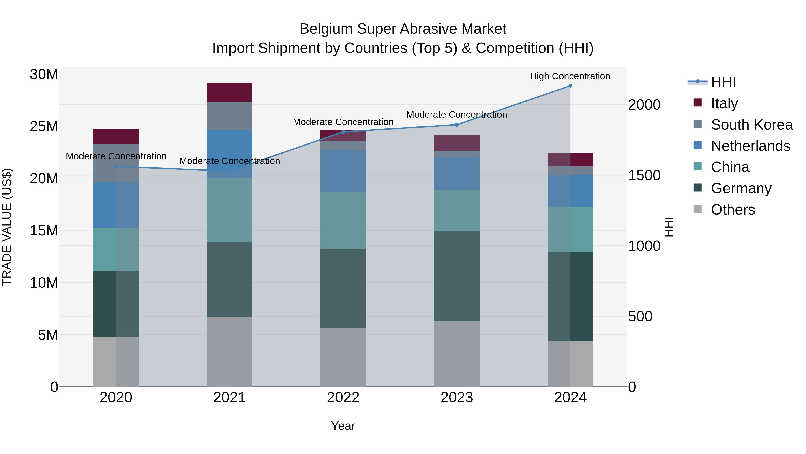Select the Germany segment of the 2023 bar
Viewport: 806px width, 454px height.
pos(457,276)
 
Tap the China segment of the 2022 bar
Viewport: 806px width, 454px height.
pos(343,220)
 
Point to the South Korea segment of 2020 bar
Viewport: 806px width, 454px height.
pos(116,163)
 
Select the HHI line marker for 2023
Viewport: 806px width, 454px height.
pos(457,125)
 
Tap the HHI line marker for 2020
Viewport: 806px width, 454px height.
pos(116,166)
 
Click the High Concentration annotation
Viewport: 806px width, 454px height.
pos(570,76)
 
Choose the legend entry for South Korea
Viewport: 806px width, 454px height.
pos(752,125)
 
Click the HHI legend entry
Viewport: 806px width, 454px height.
pos(723,82)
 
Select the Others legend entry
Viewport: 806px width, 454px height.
pos(733,210)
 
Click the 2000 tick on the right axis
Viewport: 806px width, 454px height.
pos(644,105)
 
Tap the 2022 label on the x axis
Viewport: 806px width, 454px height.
pos(343,398)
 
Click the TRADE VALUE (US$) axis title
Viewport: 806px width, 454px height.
pos(7,227)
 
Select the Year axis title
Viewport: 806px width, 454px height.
pos(343,426)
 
